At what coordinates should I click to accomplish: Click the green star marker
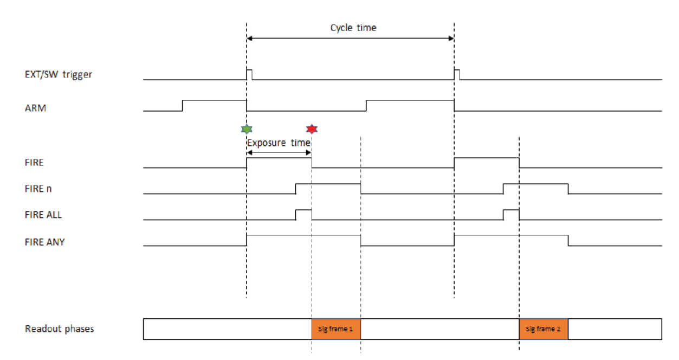click(247, 129)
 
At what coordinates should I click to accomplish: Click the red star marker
click(312, 129)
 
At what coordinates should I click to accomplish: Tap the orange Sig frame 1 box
click(336, 329)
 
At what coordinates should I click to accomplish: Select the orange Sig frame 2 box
click(544, 329)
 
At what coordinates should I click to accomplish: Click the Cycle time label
click(353, 28)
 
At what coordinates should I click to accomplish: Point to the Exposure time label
click(279, 143)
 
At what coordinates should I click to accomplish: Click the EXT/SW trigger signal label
click(58, 75)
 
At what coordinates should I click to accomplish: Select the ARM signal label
click(35, 108)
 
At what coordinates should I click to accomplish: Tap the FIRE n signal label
click(38, 189)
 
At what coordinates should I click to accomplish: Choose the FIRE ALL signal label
click(43, 215)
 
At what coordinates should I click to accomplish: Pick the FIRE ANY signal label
click(45, 242)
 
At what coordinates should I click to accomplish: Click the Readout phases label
click(60, 329)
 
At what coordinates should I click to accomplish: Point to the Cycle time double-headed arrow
click(350, 38)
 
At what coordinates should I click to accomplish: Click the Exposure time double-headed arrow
click(279, 152)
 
